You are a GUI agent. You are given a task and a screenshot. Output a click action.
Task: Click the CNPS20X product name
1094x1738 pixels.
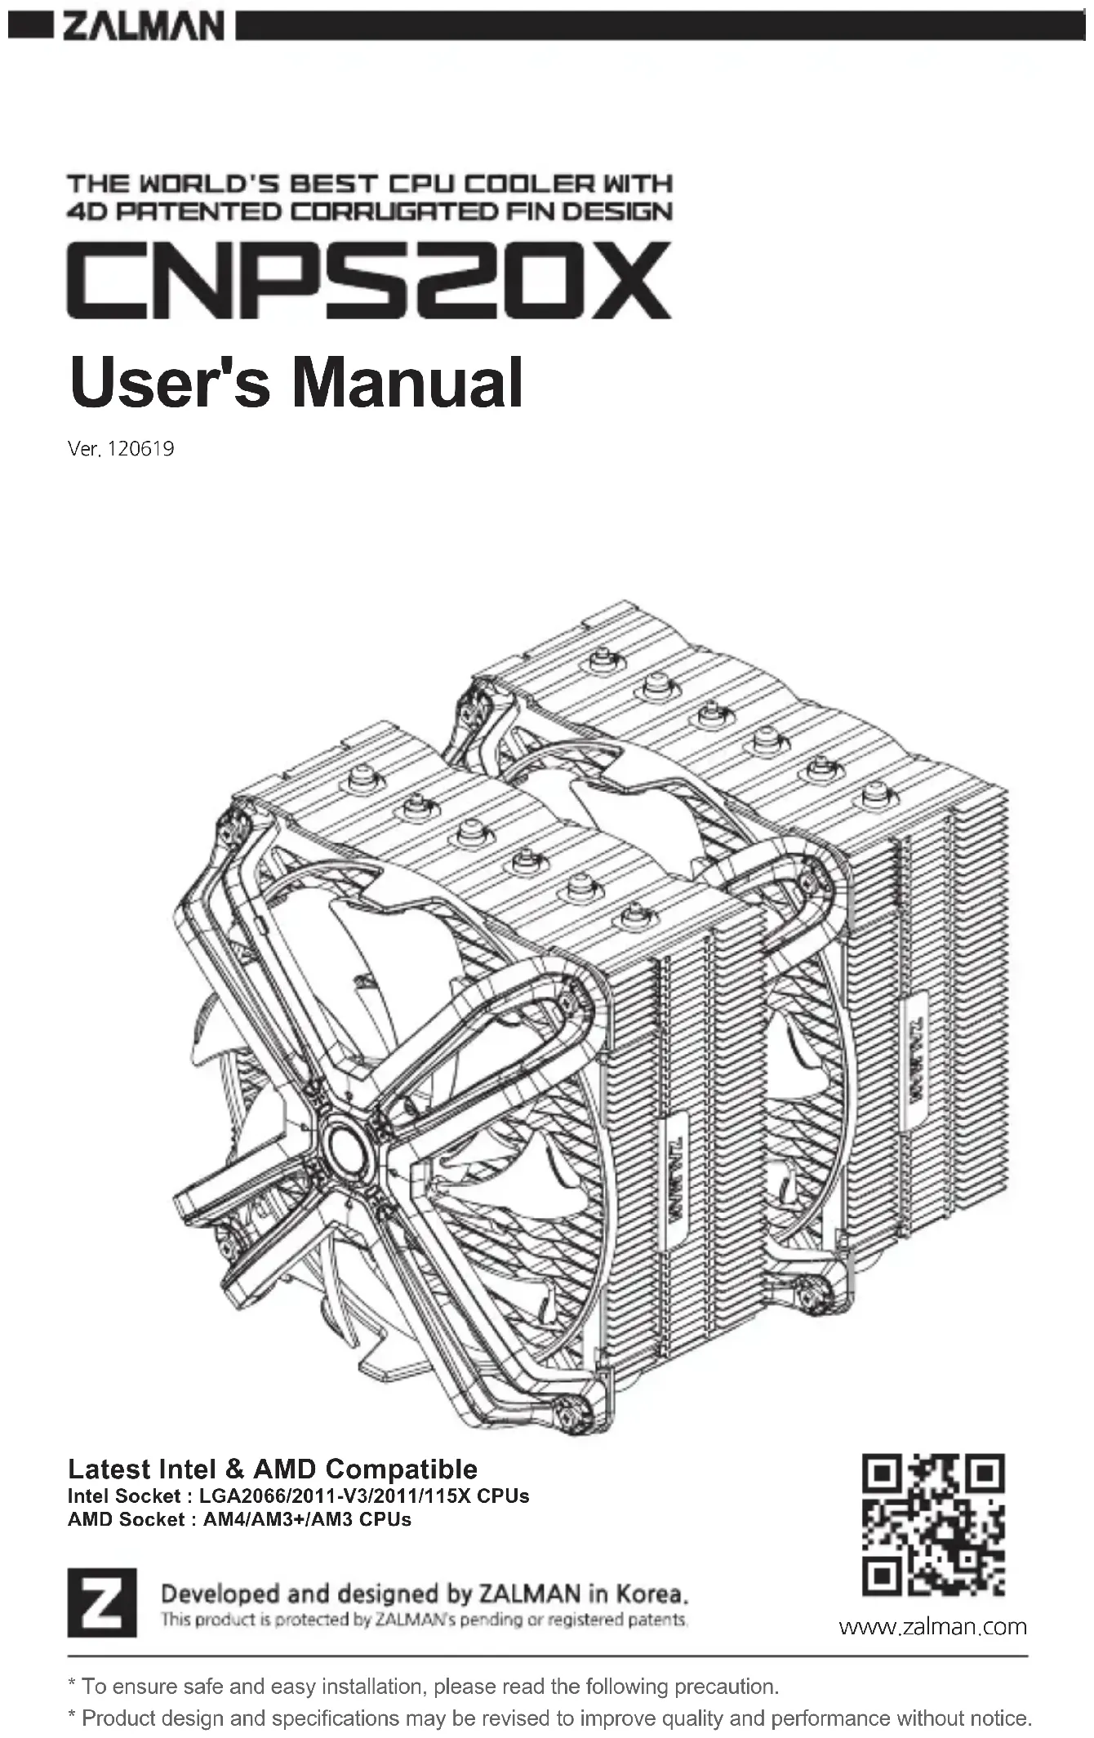click(x=369, y=280)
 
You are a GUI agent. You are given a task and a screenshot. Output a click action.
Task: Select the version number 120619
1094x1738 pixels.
click(x=140, y=449)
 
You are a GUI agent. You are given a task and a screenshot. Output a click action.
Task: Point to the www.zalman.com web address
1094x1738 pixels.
click(x=932, y=1627)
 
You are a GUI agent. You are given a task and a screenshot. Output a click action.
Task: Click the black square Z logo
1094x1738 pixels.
click(x=101, y=1602)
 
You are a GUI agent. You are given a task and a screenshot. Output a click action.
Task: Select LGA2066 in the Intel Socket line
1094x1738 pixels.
click(x=237, y=1496)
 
